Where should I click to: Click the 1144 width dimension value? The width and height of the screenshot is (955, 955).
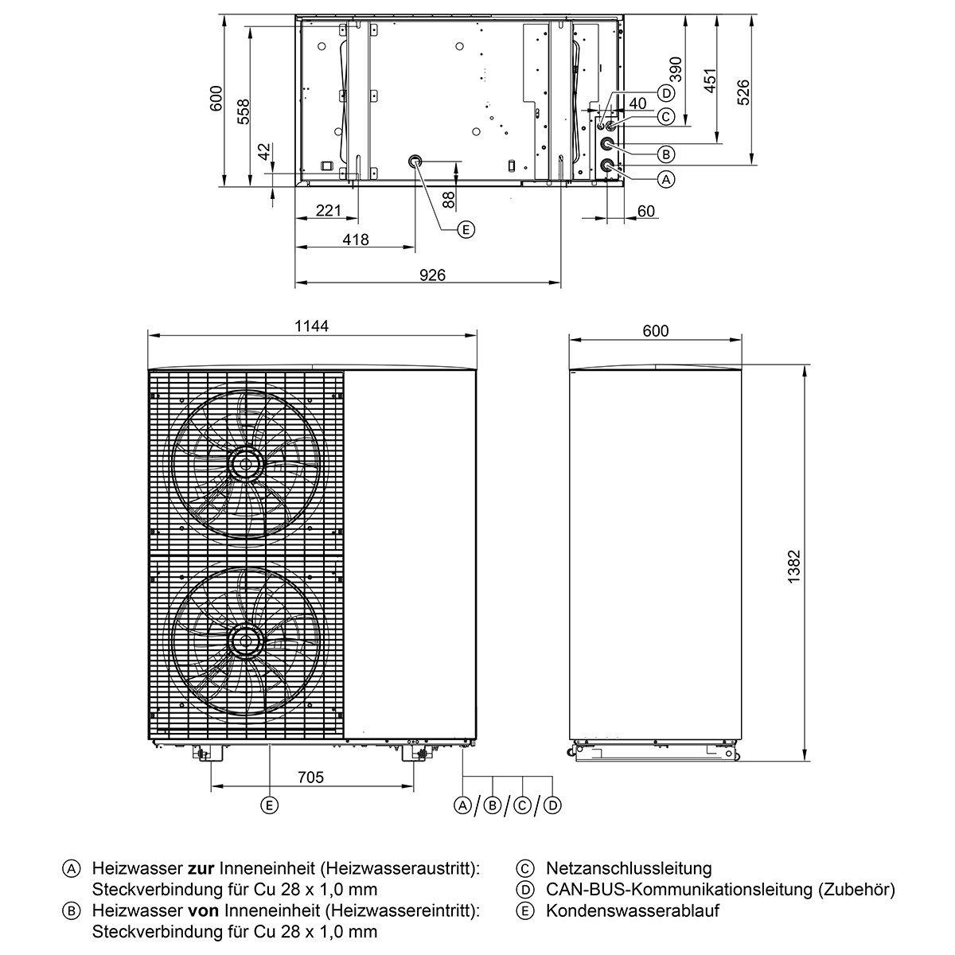pos(311,325)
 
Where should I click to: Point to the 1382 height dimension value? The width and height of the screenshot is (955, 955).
pos(794,567)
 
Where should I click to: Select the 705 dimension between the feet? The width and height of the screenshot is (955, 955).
pos(310,777)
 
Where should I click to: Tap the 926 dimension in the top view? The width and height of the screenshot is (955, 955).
pos(432,275)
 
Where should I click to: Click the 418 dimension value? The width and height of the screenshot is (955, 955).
pos(355,240)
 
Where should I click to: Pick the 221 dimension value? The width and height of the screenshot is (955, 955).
pos(329,210)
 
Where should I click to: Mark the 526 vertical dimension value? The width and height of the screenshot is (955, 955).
pos(744,92)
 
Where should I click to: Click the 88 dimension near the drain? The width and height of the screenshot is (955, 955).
pos(448,200)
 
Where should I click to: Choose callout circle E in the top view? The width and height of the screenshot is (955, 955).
pos(466,229)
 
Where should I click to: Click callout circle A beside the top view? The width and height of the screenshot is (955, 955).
pos(666,179)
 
